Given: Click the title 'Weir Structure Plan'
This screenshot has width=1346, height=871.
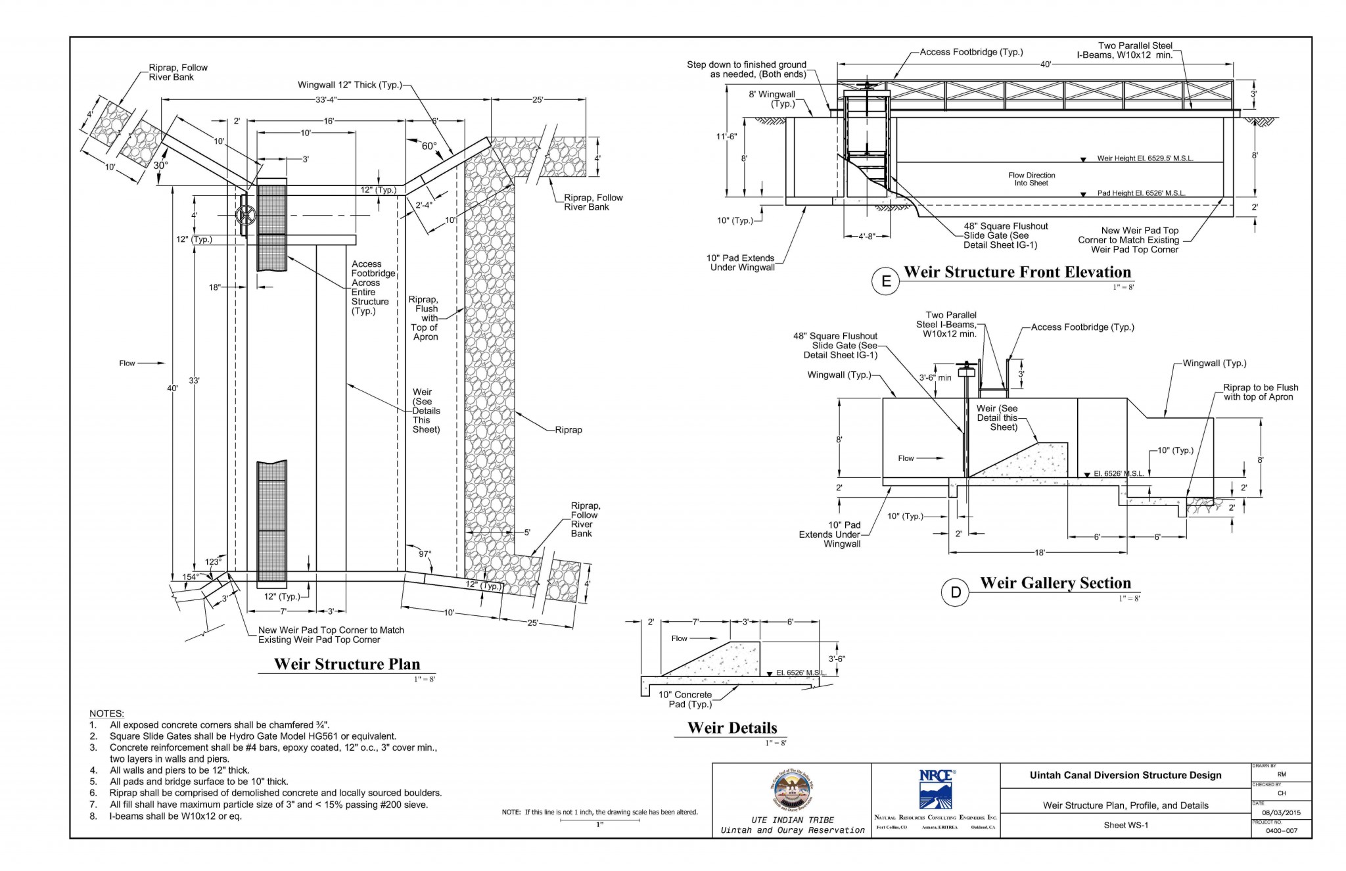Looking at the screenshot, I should [x=347, y=664].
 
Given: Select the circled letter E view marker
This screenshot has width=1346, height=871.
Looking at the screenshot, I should [x=885, y=281].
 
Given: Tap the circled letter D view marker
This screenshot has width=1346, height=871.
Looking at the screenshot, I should [x=955, y=592].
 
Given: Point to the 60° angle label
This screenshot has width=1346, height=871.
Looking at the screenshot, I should [x=429, y=146].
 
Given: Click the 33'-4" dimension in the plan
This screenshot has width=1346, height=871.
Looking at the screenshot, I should [x=326, y=100].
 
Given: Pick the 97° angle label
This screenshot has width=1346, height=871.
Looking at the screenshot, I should [x=425, y=554].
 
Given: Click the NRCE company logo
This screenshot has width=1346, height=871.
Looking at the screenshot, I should [x=936, y=789].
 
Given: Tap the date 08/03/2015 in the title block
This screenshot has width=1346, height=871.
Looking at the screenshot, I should [x=1281, y=813].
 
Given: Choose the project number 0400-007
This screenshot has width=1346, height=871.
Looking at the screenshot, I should [x=1282, y=831].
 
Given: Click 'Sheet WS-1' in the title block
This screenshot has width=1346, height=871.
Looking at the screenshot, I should [x=1125, y=826].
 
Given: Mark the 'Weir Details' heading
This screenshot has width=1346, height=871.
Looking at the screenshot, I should [x=732, y=728].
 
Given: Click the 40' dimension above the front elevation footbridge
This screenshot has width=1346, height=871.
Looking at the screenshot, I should [x=1046, y=64].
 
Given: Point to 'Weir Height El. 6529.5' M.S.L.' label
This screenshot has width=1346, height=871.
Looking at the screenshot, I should [x=1145, y=158].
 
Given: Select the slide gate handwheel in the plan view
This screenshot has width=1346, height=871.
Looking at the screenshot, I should [x=246, y=214].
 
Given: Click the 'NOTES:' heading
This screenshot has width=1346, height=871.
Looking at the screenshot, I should [x=106, y=713].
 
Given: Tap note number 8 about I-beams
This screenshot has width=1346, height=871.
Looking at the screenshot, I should [x=175, y=816].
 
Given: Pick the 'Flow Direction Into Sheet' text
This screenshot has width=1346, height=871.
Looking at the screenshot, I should [x=1031, y=179].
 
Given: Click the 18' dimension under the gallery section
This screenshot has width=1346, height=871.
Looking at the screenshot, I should [x=1039, y=553].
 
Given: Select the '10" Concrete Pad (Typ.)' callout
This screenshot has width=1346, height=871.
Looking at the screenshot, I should [x=685, y=699].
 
